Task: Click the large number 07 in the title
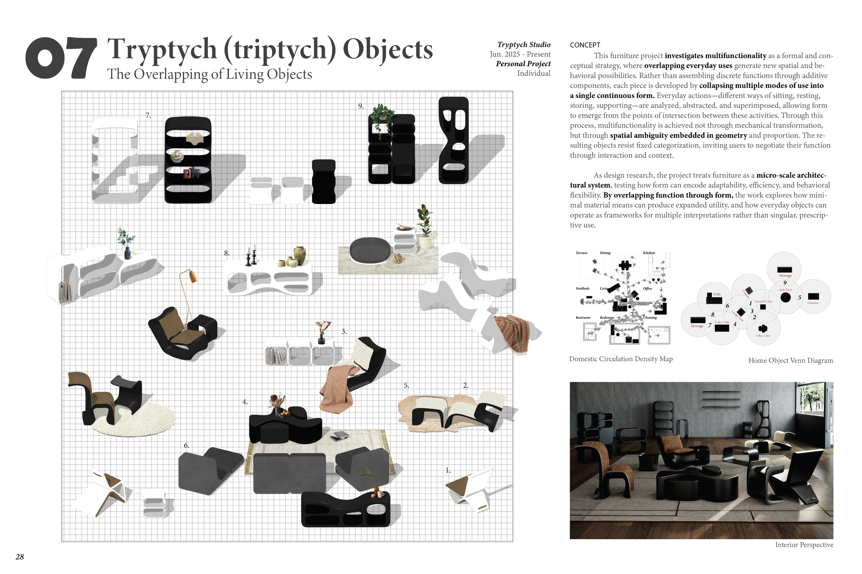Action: click(x=61, y=58)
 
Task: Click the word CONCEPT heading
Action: click(x=584, y=45)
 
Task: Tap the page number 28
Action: click(x=20, y=557)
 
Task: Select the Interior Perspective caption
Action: click(x=804, y=545)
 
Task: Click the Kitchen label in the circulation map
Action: click(x=649, y=253)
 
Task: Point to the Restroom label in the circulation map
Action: click(x=583, y=317)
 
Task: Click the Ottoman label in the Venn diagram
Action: click(x=813, y=303)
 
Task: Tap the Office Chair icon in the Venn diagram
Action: click(x=763, y=328)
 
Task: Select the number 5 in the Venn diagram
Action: click(x=799, y=297)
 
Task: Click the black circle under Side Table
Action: click(x=785, y=298)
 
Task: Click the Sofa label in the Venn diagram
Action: click(x=716, y=294)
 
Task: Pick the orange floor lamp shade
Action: click(x=193, y=276)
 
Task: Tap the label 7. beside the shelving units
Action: click(x=148, y=116)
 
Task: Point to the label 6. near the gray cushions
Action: click(x=186, y=446)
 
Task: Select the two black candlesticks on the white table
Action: click(x=251, y=255)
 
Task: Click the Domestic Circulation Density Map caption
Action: click(x=621, y=359)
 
